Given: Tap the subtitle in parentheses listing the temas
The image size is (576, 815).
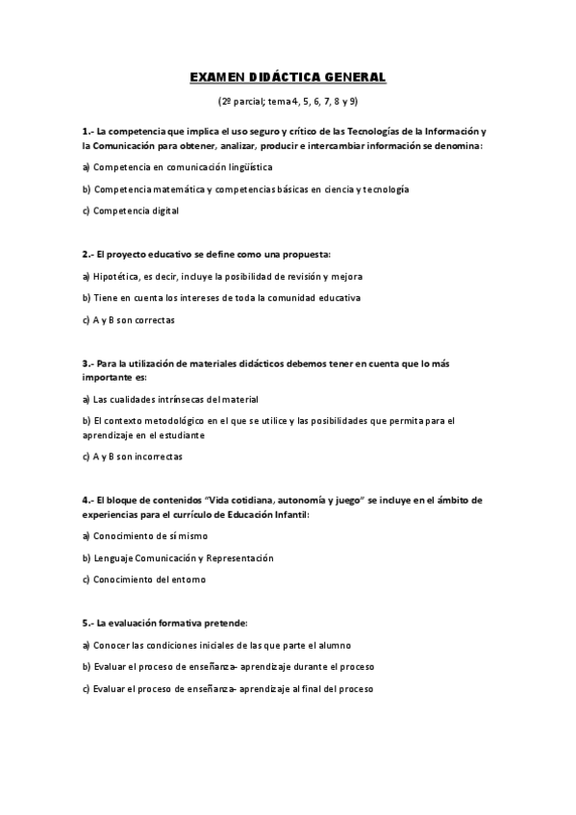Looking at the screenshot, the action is click(288, 101).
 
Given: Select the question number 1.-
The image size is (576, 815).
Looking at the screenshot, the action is click(88, 131).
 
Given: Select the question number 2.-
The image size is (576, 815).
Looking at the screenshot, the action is click(88, 255).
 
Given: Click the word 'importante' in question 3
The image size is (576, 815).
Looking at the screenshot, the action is click(109, 378).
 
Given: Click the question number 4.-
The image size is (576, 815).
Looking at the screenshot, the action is click(88, 501).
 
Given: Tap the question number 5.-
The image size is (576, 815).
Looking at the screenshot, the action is click(88, 624).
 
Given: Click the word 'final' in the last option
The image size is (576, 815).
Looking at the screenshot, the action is click(321, 688).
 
